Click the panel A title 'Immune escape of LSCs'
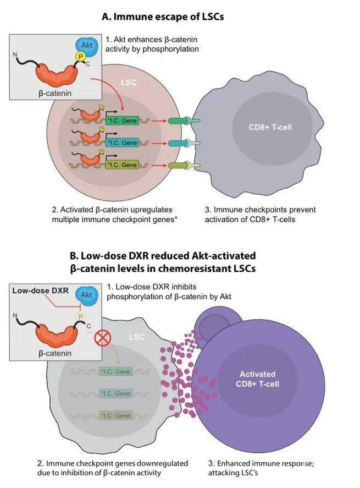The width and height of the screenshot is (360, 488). click(163, 17)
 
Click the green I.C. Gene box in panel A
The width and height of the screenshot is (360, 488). click(122, 120)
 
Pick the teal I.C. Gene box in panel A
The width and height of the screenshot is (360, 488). click(122, 143)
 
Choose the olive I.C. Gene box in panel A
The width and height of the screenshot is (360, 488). click(122, 165)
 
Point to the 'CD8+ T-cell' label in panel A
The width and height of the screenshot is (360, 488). click(270, 128)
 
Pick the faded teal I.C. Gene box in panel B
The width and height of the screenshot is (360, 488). click(115, 394)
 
